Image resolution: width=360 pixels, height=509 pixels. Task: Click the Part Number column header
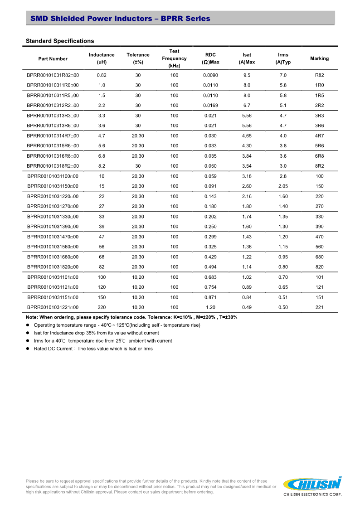[x=53, y=58]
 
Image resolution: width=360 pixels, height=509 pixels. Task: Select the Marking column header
[x=319, y=58]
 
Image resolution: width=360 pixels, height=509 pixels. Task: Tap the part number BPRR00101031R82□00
[x=53, y=75]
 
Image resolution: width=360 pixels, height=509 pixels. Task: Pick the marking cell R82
[x=319, y=75]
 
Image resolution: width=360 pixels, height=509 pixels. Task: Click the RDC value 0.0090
[x=210, y=75]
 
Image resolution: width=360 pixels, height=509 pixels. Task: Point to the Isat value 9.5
[x=247, y=75]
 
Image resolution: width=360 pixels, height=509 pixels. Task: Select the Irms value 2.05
[x=283, y=186]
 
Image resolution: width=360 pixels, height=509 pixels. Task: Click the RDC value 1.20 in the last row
[x=210, y=307]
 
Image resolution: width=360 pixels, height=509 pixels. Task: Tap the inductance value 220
[x=102, y=307]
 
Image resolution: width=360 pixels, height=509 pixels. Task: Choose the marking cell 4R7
[x=319, y=136]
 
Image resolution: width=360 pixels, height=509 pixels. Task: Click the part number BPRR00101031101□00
[x=53, y=277]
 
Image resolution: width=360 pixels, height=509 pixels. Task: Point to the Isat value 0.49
[x=247, y=307]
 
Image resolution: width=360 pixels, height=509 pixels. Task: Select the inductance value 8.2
[x=102, y=166]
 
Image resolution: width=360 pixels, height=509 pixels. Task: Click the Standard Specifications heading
[x=60, y=41]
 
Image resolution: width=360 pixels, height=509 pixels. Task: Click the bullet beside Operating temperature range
[x=28, y=325]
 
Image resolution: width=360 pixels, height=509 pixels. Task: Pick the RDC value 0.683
[x=210, y=277]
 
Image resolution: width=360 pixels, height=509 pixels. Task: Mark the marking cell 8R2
[x=319, y=166]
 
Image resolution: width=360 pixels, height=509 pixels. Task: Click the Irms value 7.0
[x=283, y=75]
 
